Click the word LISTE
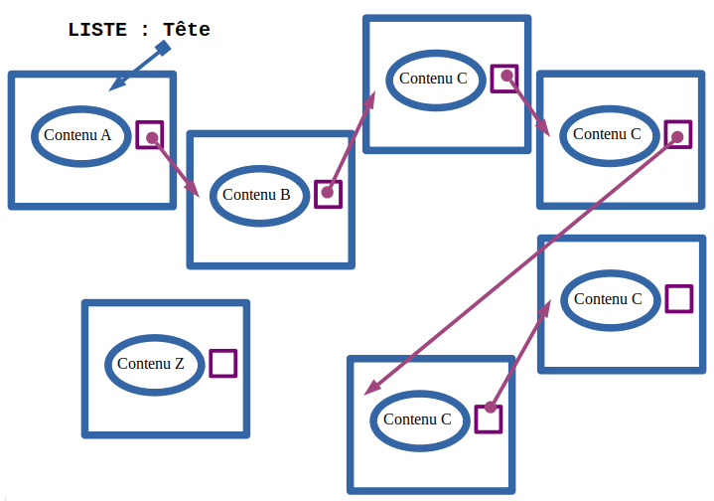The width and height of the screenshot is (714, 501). pyautogui.click(x=96, y=30)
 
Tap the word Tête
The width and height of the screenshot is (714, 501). pyautogui.click(x=187, y=30)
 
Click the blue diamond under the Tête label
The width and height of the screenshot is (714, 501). pyautogui.click(x=164, y=48)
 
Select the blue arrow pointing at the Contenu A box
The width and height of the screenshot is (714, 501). pyautogui.click(x=137, y=69)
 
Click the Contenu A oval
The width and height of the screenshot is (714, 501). pyautogui.click(x=82, y=135)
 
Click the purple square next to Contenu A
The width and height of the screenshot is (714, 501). pyautogui.click(x=149, y=135)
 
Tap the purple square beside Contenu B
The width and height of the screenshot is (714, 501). pyautogui.click(x=328, y=194)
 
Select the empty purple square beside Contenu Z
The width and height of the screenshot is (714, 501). pyautogui.click(x=223, y=363)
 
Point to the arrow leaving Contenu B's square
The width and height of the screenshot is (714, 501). pyautogui.click(x=351, y=140)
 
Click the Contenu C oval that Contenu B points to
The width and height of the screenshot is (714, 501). pyautogui.click(x=435, y=79)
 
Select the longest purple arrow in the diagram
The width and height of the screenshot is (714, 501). pyautogui.click(x=522, y=262)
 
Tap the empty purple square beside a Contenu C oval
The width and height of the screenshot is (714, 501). pyautogui.click(x=678, y=298)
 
